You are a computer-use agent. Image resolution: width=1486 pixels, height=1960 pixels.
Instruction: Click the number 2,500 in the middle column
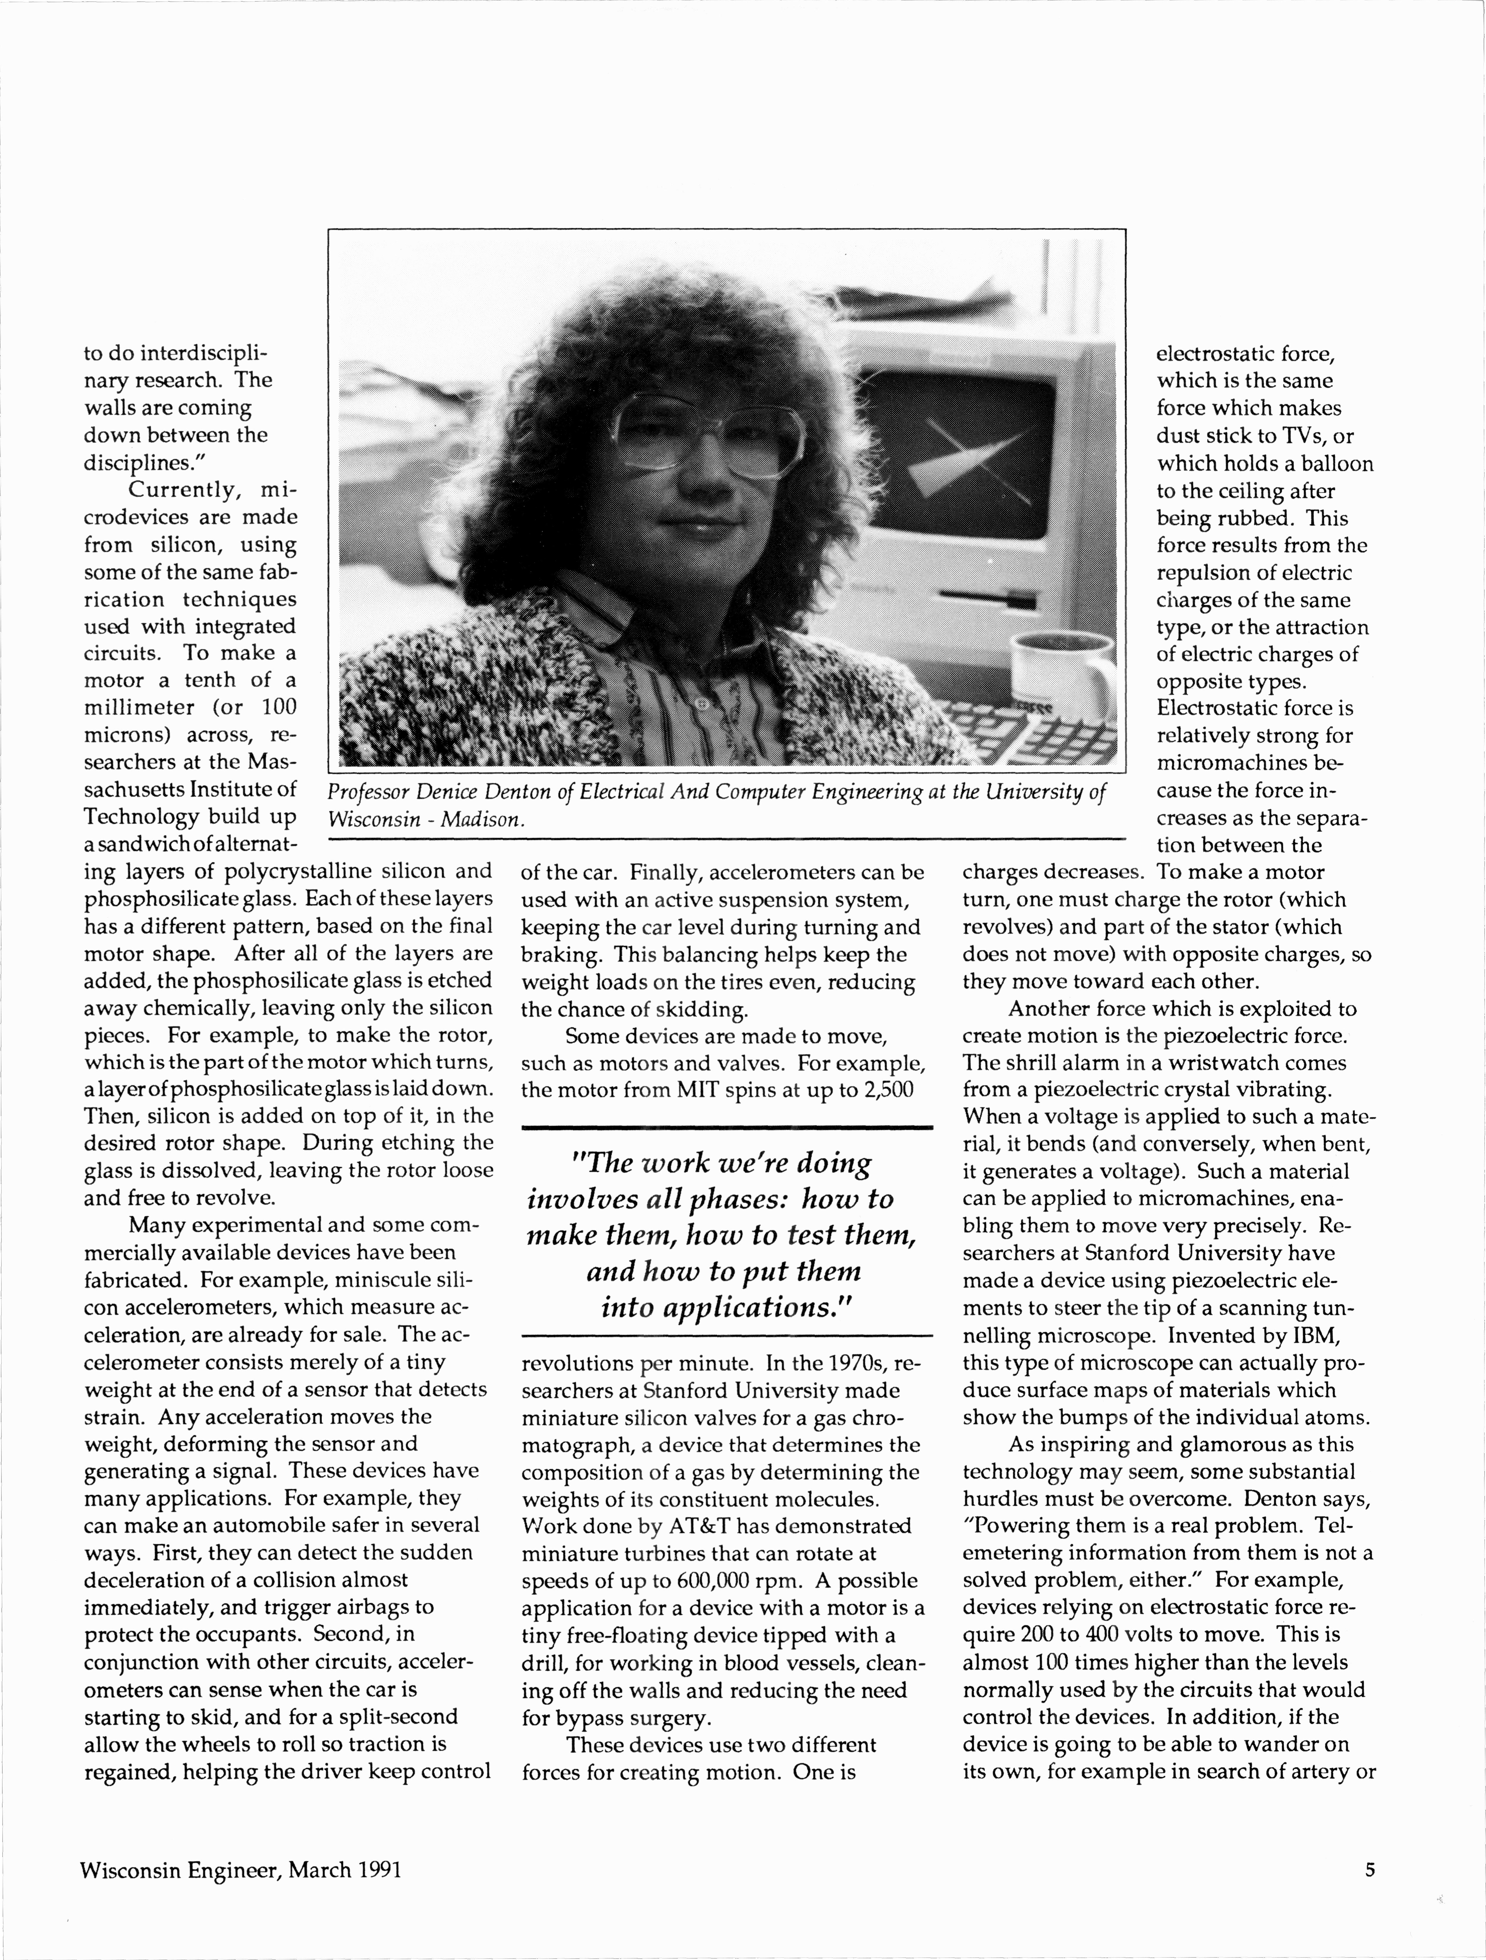(883, 1089)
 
